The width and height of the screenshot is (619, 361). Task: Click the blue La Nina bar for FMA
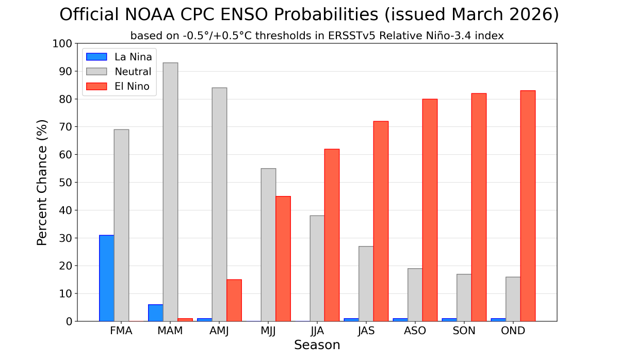click(107, 278)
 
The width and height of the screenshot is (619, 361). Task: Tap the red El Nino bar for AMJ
click(234, 300)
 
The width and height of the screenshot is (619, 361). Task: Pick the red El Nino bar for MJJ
click(283, 258)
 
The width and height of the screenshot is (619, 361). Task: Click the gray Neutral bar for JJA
click(317, 268)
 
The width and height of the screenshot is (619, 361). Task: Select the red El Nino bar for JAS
click(381, 221)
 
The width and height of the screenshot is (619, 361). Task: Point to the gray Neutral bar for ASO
click(415, 294)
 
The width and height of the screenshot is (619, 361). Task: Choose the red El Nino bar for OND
click(528, 206)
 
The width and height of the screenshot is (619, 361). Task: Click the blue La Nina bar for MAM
click(156, 313)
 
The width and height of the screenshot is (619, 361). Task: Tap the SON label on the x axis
click(464, 331)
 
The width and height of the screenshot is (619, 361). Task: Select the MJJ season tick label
click(268, 331)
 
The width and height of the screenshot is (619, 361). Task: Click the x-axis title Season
click(317, 345)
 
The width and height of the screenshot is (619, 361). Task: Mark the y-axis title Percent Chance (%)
click(42, 183)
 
